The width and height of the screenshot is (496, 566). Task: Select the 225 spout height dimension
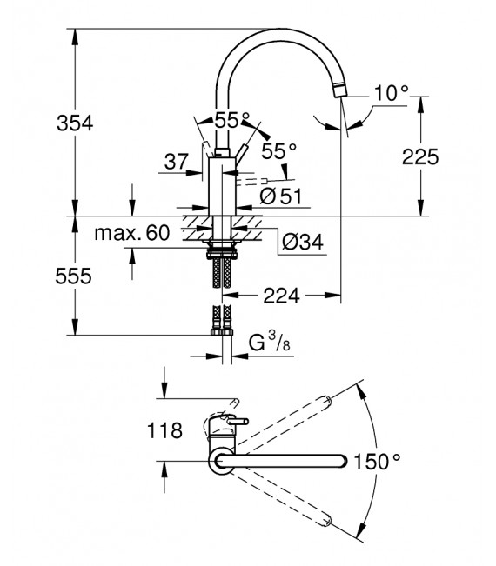[x=420, y=156]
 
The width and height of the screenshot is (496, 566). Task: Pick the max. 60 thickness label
[x=131, y=233]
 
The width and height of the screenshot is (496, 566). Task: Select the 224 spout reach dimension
[x=280, y=296]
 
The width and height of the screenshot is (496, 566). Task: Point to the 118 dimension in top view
[x=165, y=429]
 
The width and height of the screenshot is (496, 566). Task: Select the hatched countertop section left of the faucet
[x=197, y=231]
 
